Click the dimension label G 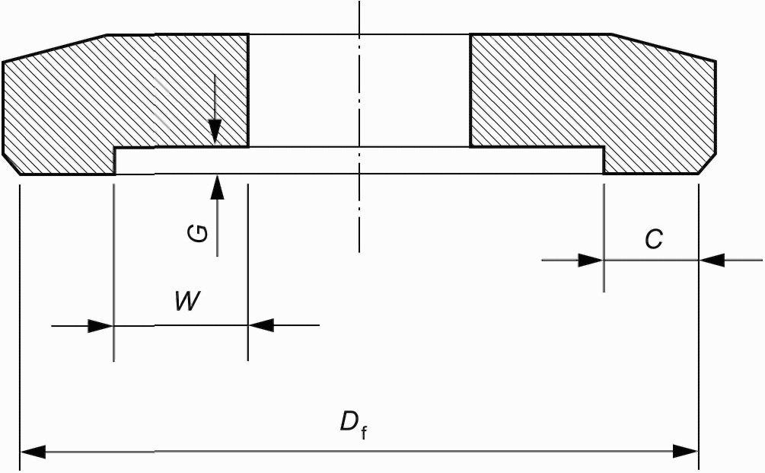[x=198, y=234]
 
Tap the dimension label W [x=188, y=301]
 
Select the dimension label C [x=654, y=240]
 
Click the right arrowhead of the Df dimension [x=686, y=452]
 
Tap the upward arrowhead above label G [x=218, y=187]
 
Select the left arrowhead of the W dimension [x=100, y=325]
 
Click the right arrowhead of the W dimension [x=261, y=325]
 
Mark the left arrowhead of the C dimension [x=591, y=260]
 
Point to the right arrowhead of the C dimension [x=712, y=260]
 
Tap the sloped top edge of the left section [x=55, y=48]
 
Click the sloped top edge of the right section [x=664, y=47]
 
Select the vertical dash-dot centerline [x=359, y=126]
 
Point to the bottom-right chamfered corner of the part [x=708, y=165]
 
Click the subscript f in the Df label [x=364, y=433]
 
